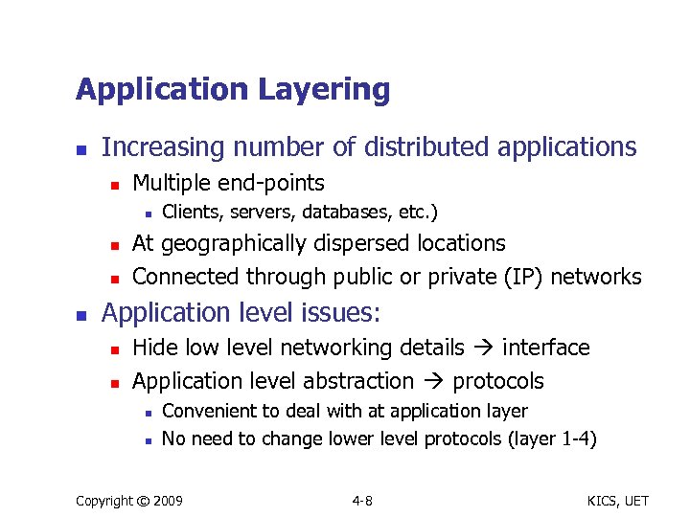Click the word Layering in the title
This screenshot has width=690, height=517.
click(325, 90)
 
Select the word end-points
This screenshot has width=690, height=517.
click(272, 183)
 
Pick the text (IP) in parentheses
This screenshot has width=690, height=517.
click(517, 277)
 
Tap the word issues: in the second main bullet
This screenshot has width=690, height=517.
click(336, 313)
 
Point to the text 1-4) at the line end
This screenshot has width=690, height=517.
click(578, 439)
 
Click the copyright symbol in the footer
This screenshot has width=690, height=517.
click(146, 501)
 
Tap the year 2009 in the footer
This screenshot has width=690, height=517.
click(170, 501)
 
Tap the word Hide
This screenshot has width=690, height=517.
click(152, 348)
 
